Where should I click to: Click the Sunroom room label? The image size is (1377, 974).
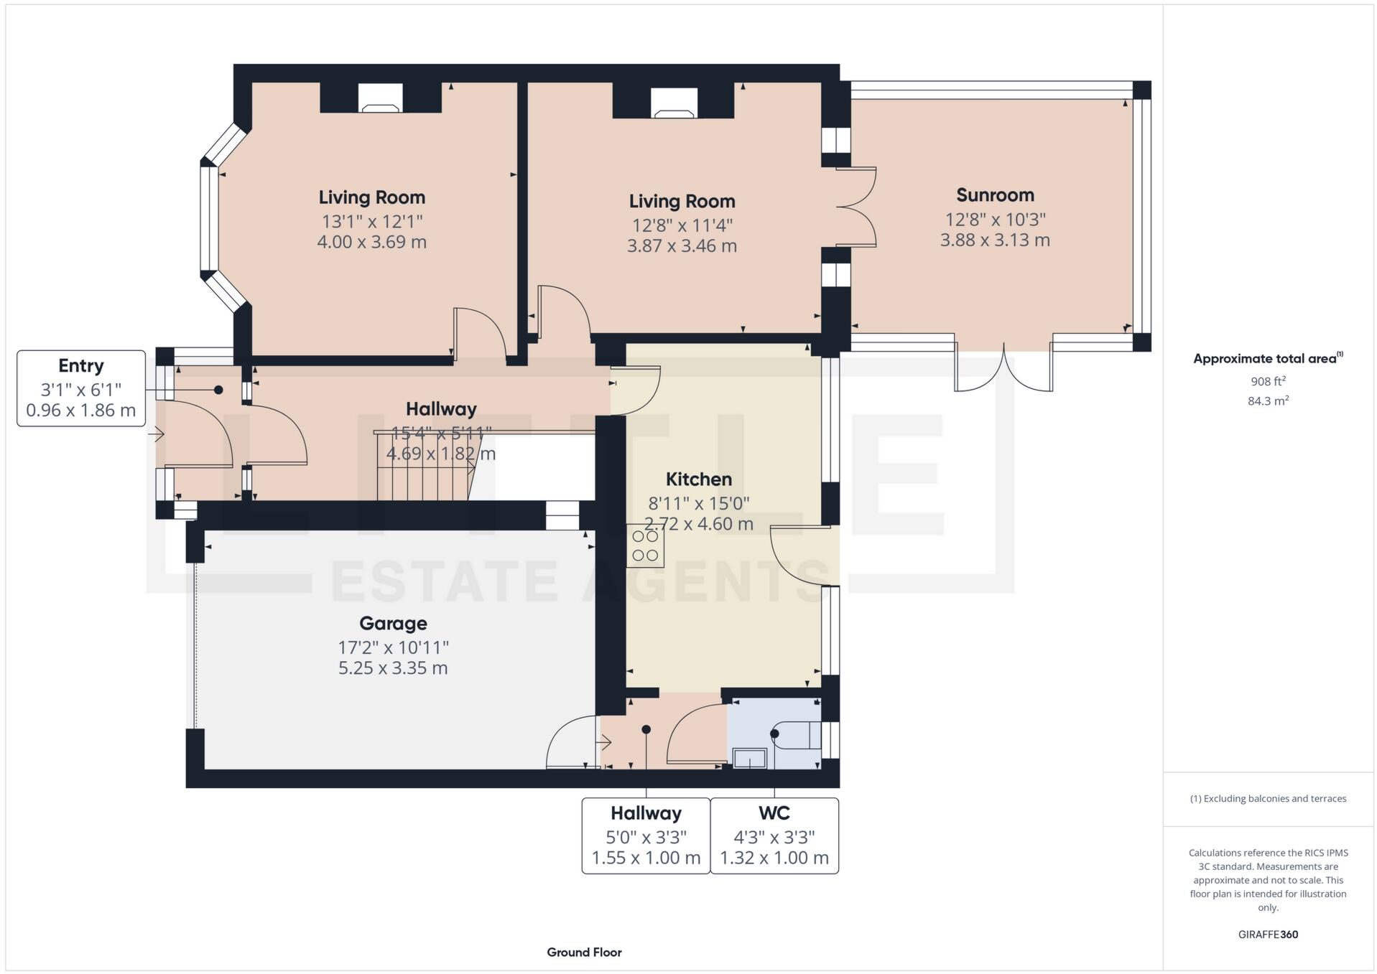pos(995,195)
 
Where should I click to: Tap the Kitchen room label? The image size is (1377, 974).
pos(698,479)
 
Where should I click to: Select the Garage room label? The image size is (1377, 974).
pos(393,623)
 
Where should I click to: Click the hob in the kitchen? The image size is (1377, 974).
pos(645,546)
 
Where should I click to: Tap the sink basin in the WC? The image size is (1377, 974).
pos(749,758)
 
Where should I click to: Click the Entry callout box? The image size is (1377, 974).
pos(81,388)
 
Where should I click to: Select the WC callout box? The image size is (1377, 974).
pos(774,835)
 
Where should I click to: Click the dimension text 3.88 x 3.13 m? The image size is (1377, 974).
pos(995,240)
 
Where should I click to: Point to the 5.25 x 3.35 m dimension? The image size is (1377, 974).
pos(393,668)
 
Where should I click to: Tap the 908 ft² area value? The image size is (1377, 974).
pos(1268,382)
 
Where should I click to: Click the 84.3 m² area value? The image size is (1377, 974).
pos(1268,401)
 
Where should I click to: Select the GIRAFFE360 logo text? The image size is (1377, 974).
pos(1268,935)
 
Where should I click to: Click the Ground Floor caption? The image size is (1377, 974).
pos(584,952)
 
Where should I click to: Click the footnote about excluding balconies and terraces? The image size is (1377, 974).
pos(1268,799)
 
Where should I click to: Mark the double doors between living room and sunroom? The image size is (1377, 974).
pos(856,207)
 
